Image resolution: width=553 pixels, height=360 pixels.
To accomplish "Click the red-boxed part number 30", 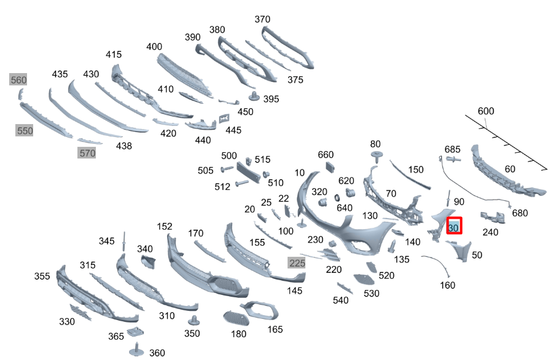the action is pyautogui.click(x=454, y=225).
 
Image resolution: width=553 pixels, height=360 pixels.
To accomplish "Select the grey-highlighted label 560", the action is pyautogui.click(x=18, y=80).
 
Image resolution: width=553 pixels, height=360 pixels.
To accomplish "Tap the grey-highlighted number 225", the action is pyautogui.click(x=297, y=263).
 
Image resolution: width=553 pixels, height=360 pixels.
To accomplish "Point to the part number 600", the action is pyautogui.click(x=485, y=111).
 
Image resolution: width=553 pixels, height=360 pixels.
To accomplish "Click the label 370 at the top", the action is pyautogui.click(x=262, y=19).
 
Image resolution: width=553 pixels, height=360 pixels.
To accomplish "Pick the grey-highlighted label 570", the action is pyautogui.click(x=87, y=153).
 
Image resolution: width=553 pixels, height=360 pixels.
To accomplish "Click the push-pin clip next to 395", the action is pyautogui.click(x=254, y=96).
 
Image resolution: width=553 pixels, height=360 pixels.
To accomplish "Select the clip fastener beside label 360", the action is pyautogui.click(x=136, y=350).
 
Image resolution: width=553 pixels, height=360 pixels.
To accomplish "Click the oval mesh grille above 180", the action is pyautogui.click(x=236, y=318).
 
